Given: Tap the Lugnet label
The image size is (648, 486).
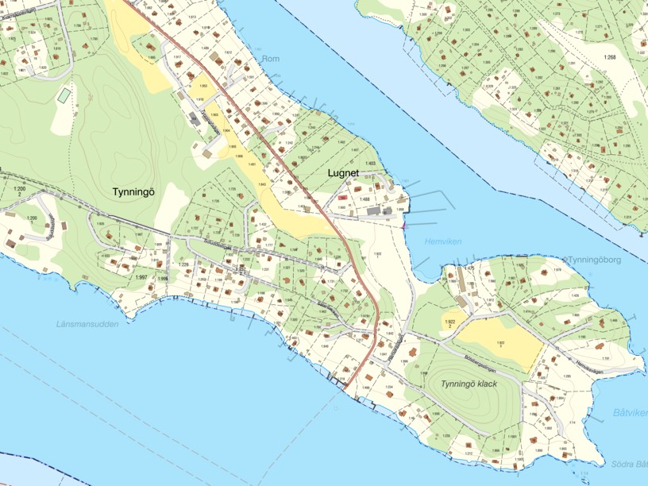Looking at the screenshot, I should coord(343,172).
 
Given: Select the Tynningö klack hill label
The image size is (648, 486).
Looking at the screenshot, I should coord(469,384).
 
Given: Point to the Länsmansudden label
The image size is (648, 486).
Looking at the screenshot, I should coord(87,324).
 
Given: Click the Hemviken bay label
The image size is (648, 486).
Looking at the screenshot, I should coord(442,241).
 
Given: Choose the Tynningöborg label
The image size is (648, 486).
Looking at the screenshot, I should coord(598,260).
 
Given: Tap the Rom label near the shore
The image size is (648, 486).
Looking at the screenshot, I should coord(270,59).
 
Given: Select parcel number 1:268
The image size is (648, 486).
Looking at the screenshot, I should coord(609,58).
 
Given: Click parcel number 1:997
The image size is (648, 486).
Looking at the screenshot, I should coord(141,276).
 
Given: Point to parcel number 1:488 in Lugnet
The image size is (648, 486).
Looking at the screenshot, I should coord(364,199).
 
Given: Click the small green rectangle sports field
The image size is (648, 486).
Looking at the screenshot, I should coord(64,94).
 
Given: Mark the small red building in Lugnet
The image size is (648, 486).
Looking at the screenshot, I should coord(342,195).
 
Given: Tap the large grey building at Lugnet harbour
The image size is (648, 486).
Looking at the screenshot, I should coord(373,212).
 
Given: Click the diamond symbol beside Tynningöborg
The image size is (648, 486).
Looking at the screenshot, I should coord(565,260).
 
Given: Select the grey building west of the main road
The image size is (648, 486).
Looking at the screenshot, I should coord(195,119).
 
